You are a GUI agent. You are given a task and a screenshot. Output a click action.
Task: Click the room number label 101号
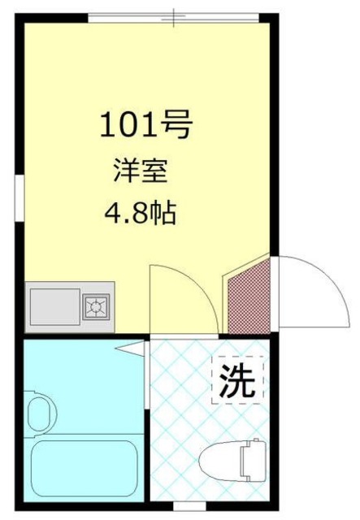click(145, 125)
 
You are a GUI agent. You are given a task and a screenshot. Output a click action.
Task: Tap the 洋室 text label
click(141, 172)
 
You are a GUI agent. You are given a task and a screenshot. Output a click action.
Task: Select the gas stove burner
click(98, 306)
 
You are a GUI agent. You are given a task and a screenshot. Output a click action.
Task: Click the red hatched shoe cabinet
click(248, 296)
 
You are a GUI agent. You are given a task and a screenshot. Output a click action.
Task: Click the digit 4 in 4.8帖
click(112, 216)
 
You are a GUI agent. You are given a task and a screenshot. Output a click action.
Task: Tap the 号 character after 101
click(178, 125)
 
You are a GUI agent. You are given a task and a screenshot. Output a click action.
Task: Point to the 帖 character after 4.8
click(166, 216)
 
